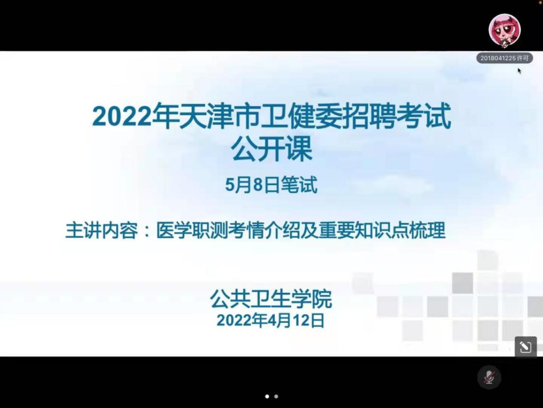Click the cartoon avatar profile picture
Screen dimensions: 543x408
click(505, 30)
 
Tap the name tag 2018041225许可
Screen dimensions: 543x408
click(505, 58)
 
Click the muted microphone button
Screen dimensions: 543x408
click(489, 377)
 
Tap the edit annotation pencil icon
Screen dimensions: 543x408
click(525, 347)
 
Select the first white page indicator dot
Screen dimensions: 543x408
click(267, 396)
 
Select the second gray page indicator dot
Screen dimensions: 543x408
click(276, 396)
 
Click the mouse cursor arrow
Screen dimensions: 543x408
click(519, 71)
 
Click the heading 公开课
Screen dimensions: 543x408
click(272, 149)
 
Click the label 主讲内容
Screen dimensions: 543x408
click(102, 230)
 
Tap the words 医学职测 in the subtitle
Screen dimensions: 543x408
click(192, 230)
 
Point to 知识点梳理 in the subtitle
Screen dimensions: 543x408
click(400, 230)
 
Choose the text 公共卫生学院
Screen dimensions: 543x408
click(271, 299)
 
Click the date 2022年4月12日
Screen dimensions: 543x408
click(270, 320)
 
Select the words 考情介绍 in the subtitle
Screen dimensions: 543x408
click(264, 230)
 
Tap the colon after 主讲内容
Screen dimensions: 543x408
click(147, 231)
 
